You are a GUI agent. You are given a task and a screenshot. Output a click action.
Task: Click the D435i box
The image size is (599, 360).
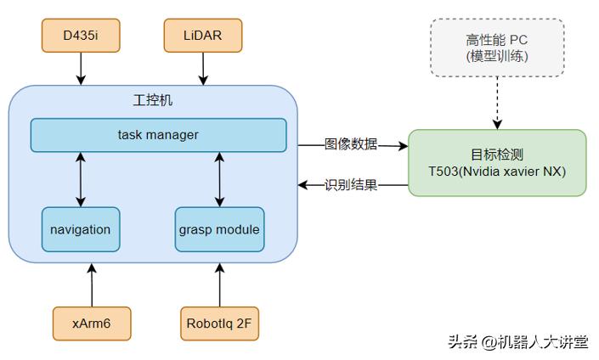click(x=81, y=36)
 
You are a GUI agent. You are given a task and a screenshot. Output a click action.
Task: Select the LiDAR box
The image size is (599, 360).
click(x=203, y=36)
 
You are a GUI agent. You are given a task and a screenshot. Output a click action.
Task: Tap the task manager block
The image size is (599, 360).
click(x=158, y=135)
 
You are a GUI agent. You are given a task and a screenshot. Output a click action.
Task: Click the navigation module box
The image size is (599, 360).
click(x=81, y=229)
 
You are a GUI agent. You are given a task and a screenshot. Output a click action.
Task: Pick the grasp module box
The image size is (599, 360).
click(x=219, y=229)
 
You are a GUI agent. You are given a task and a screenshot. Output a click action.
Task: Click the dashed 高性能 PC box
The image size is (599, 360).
click(x=497, y=48)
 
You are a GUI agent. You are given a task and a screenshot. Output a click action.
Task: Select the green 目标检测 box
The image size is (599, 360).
click(x=497, y=163)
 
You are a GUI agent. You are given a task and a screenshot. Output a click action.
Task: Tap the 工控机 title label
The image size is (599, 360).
click(x=153, y=100)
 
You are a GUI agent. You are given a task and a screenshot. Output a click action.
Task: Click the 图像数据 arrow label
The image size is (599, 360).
click(x=351, y=144)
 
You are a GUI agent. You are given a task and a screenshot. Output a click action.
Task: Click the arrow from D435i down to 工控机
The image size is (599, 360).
click(x=81, y=68)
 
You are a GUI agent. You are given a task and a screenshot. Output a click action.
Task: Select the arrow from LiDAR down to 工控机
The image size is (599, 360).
click(x=203, y=68)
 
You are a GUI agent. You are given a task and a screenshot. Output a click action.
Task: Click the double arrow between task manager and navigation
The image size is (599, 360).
click(x=81, y=179)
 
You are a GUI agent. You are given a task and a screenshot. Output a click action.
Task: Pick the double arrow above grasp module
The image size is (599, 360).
click(x=219, y=179)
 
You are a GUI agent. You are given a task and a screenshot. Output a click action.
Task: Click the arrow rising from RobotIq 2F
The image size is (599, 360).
click(x=220, y=284)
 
